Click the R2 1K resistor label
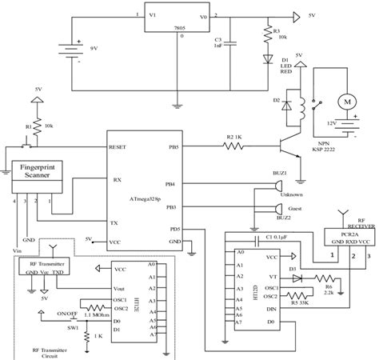[235, 139]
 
